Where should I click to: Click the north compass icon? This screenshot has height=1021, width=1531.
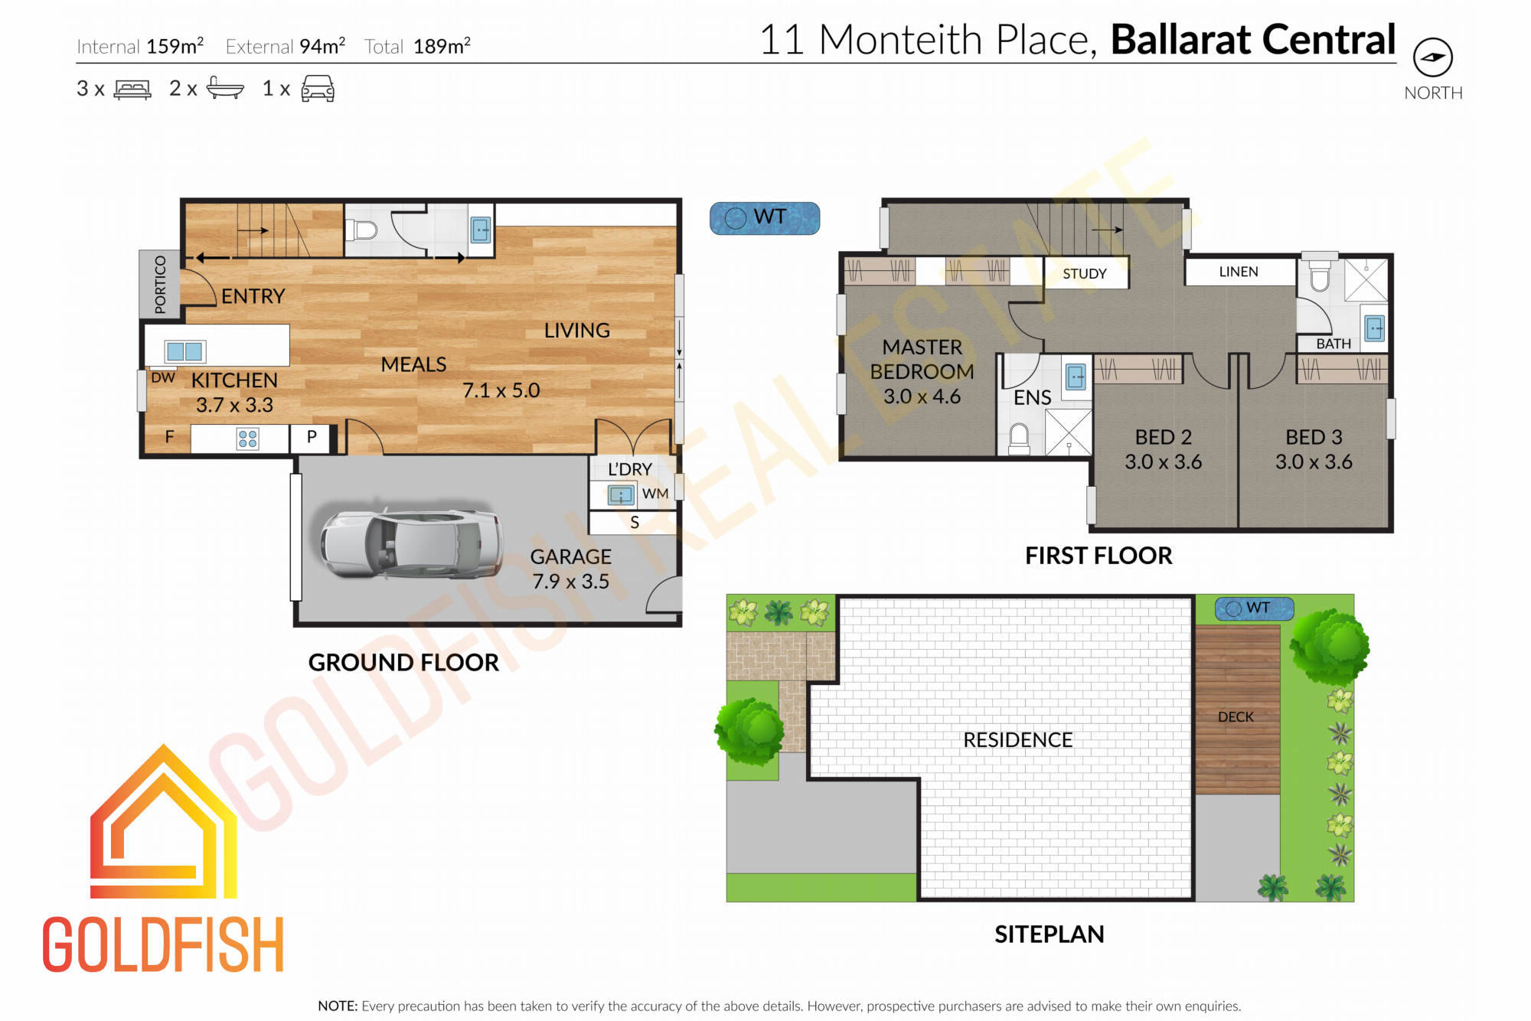tap(1432, 57)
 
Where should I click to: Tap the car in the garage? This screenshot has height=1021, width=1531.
tap(412, 543)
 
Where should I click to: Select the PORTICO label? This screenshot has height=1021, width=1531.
tap(160, 285)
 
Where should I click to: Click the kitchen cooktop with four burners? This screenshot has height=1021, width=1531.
tap(247, 439)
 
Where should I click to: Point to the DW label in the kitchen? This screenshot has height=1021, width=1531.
tap(163, 377)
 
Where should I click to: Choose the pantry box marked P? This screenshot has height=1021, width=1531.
tap(312, 437)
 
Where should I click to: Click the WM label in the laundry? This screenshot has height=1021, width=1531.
tap(655, 494)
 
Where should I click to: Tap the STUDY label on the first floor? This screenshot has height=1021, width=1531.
tap(1085, 273)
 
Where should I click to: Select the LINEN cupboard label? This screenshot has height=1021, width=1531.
tap(1239, 272)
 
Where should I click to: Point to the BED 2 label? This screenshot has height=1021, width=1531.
tap(1163, 437)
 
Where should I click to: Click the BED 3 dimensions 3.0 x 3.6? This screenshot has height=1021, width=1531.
tap(1314, 462)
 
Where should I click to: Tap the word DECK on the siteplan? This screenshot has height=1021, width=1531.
tap(1236, 717)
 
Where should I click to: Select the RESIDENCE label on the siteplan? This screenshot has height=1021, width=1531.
tap(1018, 740)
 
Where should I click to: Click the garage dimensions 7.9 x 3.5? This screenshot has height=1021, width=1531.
tap(571, 582)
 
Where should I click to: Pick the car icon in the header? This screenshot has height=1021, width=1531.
tap(318, 89)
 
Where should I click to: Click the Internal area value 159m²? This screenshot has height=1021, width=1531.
tap(175, 46)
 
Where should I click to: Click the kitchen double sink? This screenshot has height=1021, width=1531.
tap(185, 351)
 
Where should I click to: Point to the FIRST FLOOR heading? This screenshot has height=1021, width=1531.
tap(1098, 556)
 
